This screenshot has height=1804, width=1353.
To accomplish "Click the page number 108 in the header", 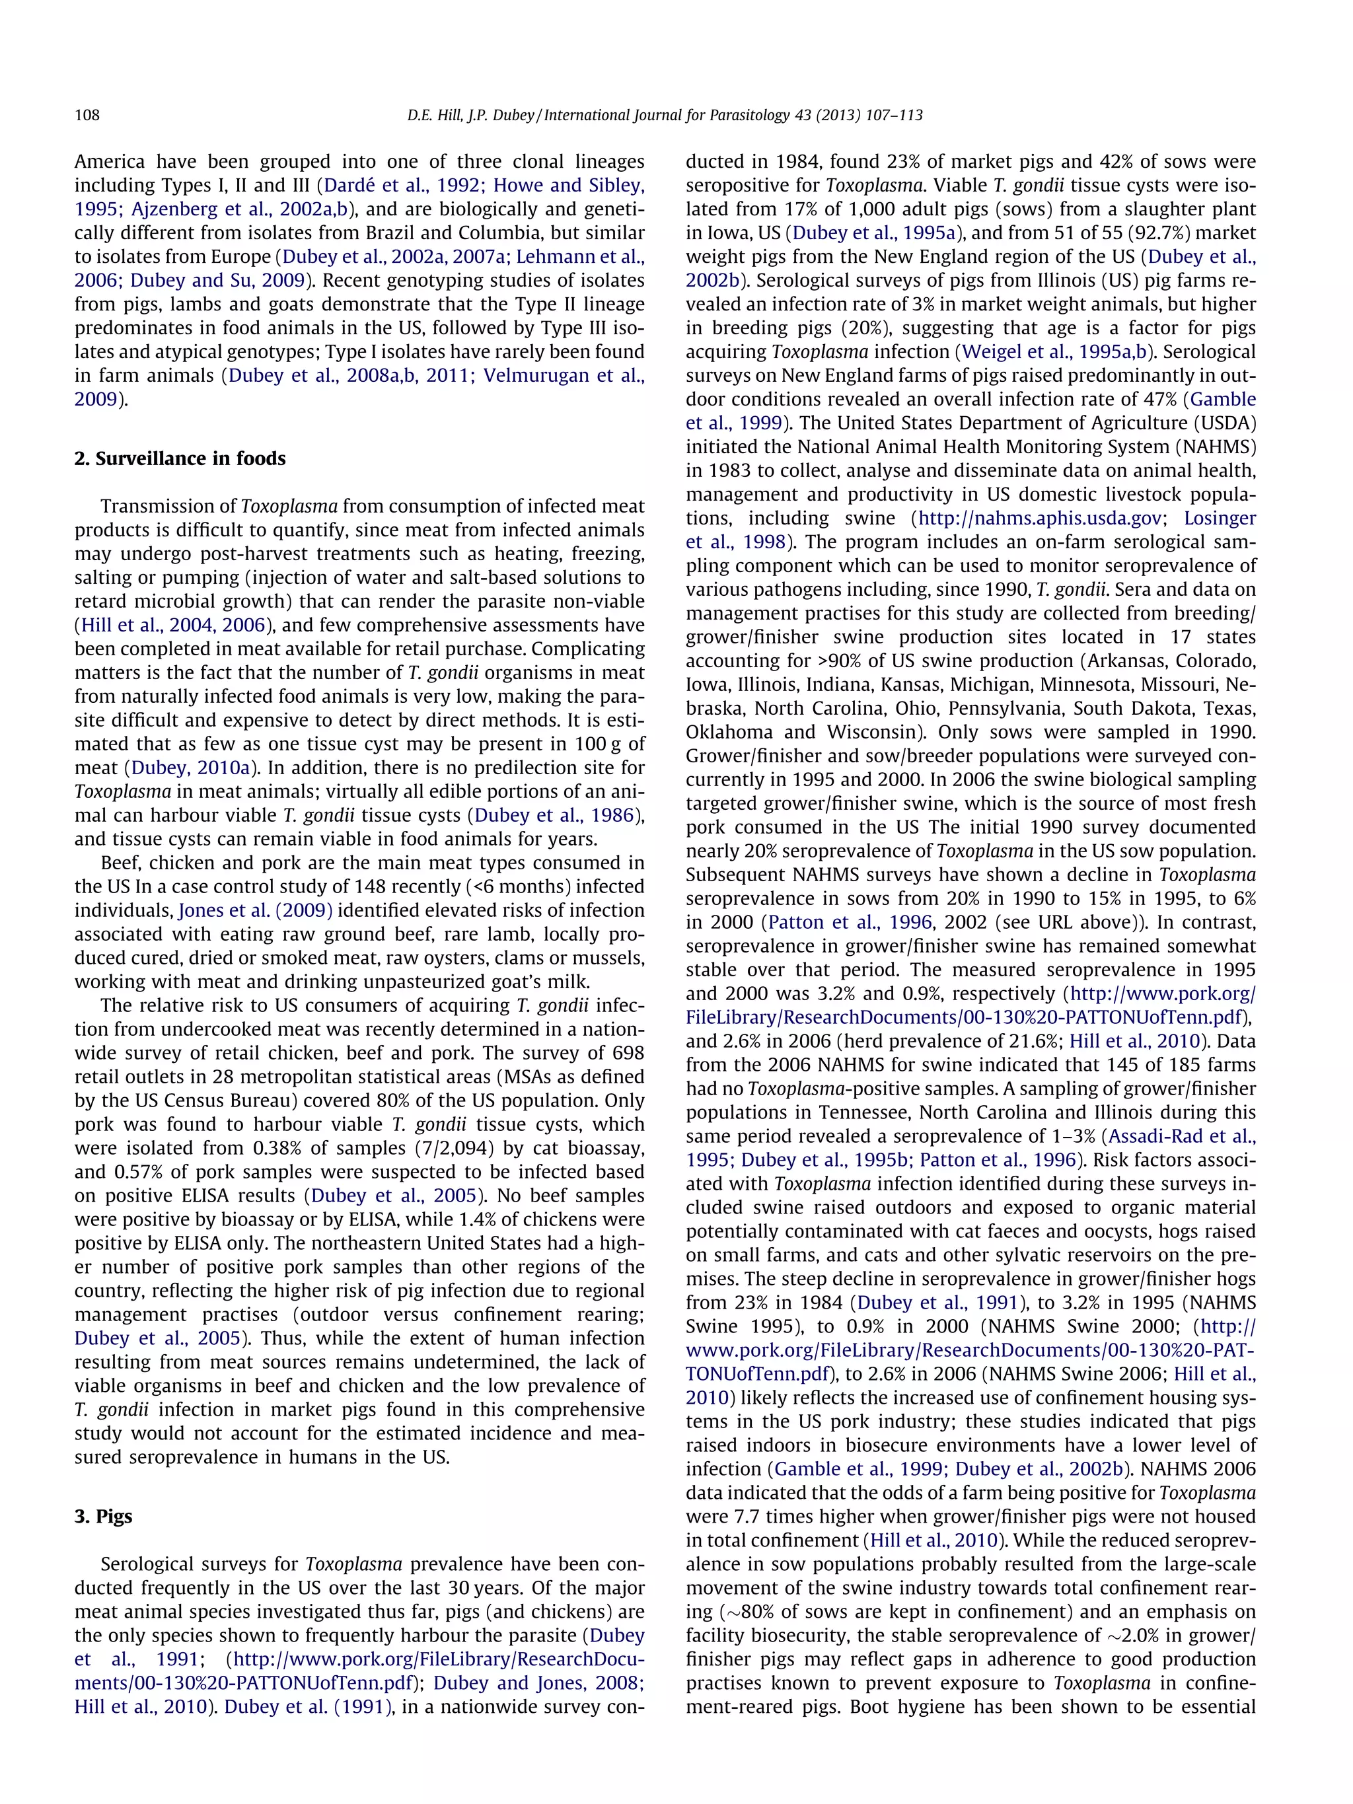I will coord(87,115).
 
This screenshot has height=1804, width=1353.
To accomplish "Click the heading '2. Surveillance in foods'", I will coord(180,458).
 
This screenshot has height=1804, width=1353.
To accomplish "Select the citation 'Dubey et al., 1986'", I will coord(554,816).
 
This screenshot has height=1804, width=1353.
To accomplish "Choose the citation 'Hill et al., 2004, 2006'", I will coord(174,626).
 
